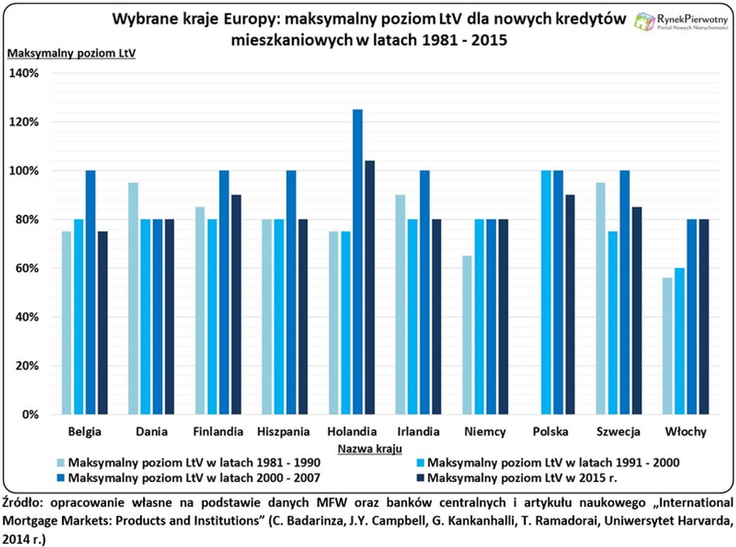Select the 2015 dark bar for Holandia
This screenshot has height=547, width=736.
(370, 287)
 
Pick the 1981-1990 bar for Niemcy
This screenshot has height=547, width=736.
(467, 335)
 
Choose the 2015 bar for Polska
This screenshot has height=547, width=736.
(571, 305)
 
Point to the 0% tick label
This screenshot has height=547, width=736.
(30, 414)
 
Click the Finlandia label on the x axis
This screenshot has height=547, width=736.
(219, 432)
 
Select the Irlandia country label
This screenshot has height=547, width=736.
(418, 432)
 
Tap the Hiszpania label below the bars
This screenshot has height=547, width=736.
(284, 432)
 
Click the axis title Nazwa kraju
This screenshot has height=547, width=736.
(369, 449)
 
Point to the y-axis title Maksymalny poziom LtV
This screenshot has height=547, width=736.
(71, 53)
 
